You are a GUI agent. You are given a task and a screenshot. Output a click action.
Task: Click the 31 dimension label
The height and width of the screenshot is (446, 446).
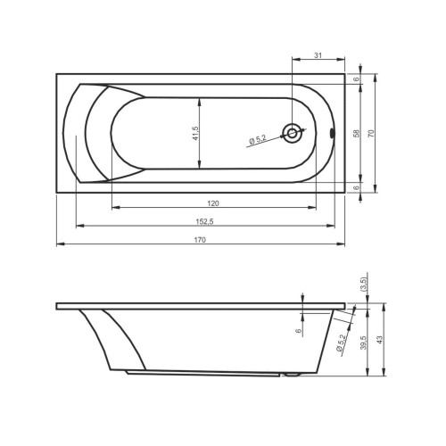pos(318,55)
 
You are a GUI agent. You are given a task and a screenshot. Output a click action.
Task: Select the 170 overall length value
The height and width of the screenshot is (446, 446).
pos(200,240)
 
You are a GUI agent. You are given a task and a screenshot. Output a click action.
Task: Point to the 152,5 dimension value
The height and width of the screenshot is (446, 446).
pos(204,221)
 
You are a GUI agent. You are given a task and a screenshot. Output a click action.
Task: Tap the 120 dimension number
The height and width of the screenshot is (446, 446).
pos(213,203)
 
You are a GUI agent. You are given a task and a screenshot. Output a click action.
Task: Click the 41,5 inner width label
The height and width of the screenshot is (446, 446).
pos(195,133)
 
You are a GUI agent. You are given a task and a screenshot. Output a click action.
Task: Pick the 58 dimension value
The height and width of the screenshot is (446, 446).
pos(356,133)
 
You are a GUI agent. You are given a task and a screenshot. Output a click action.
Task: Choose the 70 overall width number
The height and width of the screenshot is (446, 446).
pos(371,133)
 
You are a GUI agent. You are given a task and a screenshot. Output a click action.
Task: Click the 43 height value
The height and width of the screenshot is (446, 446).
pos(380,340)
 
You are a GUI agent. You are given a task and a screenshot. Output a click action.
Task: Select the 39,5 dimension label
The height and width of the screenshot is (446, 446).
pos(364,343)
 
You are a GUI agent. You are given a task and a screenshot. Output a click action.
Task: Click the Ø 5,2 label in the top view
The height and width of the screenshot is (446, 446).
pos(258,139)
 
